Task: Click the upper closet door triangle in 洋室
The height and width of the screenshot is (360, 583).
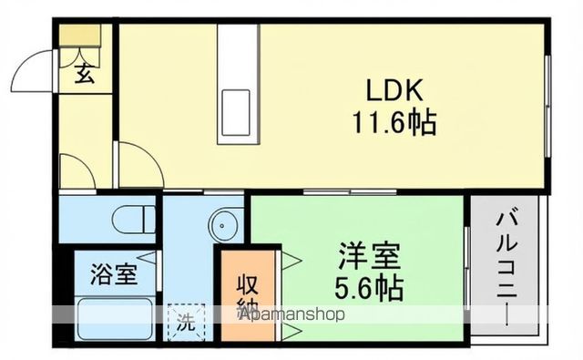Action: [293, 262]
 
